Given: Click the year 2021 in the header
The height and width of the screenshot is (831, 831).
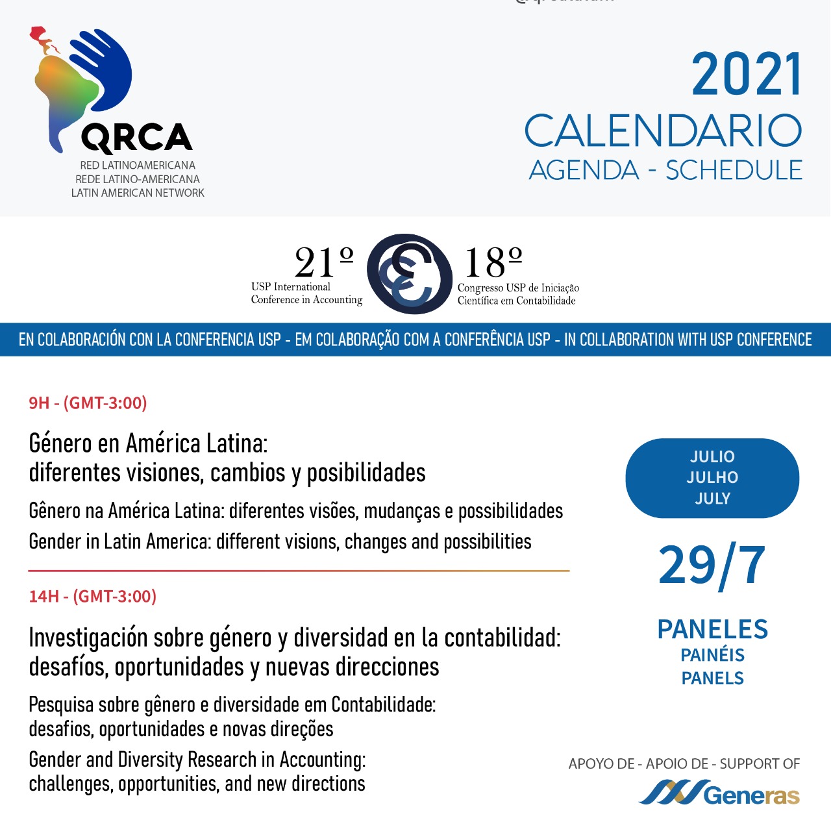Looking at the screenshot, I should tap(747, 75).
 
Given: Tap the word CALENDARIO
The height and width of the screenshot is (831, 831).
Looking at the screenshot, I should tap(663, 131).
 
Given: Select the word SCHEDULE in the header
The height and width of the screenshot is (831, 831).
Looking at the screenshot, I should tap(734, 170).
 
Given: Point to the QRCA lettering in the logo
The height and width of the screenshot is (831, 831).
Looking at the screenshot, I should tap(136, 138).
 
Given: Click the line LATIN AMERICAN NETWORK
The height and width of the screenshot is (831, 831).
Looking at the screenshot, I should tap(138, 193).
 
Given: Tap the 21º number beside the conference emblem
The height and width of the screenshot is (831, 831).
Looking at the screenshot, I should tap(323, 262).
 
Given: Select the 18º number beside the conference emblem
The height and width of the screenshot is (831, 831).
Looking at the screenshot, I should tap(493, 262).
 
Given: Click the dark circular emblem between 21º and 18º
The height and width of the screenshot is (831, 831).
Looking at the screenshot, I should tap(409, 274).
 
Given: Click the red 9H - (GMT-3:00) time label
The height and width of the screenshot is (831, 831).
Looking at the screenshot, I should tap(88, 403).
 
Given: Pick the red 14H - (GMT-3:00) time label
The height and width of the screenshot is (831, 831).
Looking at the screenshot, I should tap(92, 597).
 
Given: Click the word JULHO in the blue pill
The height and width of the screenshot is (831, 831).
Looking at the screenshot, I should tap(712, 478).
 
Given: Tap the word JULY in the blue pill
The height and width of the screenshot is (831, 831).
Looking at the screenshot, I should tap(712, 499).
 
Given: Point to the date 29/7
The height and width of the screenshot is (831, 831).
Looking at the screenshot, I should tap(712, 565).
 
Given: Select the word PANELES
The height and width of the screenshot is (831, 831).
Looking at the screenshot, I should tap(712, 629).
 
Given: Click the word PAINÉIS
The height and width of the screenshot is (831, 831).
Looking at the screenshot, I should tap(712, 655).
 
